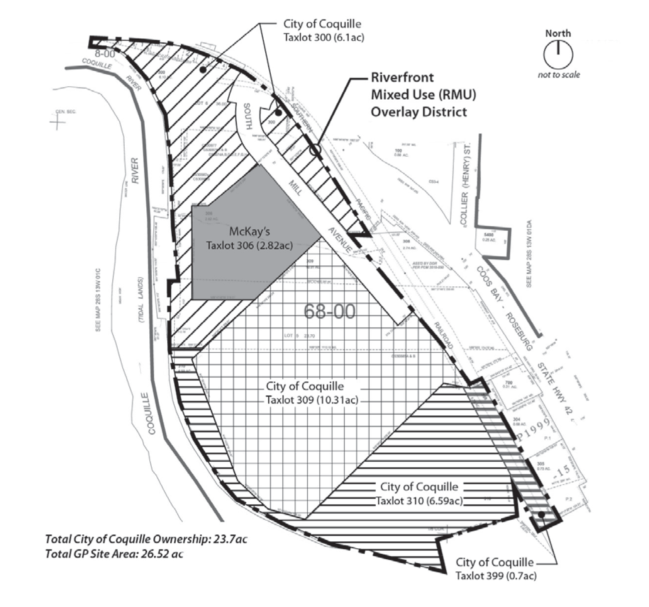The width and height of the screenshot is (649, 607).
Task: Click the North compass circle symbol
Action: click(558, 54)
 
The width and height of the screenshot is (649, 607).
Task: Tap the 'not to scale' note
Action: click(559, 75)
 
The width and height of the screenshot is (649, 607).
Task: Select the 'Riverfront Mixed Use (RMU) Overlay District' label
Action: click(423, 95)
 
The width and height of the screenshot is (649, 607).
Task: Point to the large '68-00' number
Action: click(329, 311)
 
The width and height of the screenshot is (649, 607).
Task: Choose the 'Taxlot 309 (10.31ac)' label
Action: click(312, 400)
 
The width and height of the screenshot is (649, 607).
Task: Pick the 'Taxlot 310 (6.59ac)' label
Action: click(419, 501)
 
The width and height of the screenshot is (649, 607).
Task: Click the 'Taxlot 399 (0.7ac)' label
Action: click(496, 576)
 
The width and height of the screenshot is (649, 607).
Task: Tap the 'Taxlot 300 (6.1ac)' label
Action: click(324, 38)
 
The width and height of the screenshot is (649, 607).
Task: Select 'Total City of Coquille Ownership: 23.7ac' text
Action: click(146, 539)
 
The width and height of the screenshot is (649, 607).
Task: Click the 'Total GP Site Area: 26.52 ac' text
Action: click(114, 554)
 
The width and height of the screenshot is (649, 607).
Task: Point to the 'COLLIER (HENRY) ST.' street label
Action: click(466, 186)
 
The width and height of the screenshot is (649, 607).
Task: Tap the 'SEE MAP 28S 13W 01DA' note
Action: click(529, 253)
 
